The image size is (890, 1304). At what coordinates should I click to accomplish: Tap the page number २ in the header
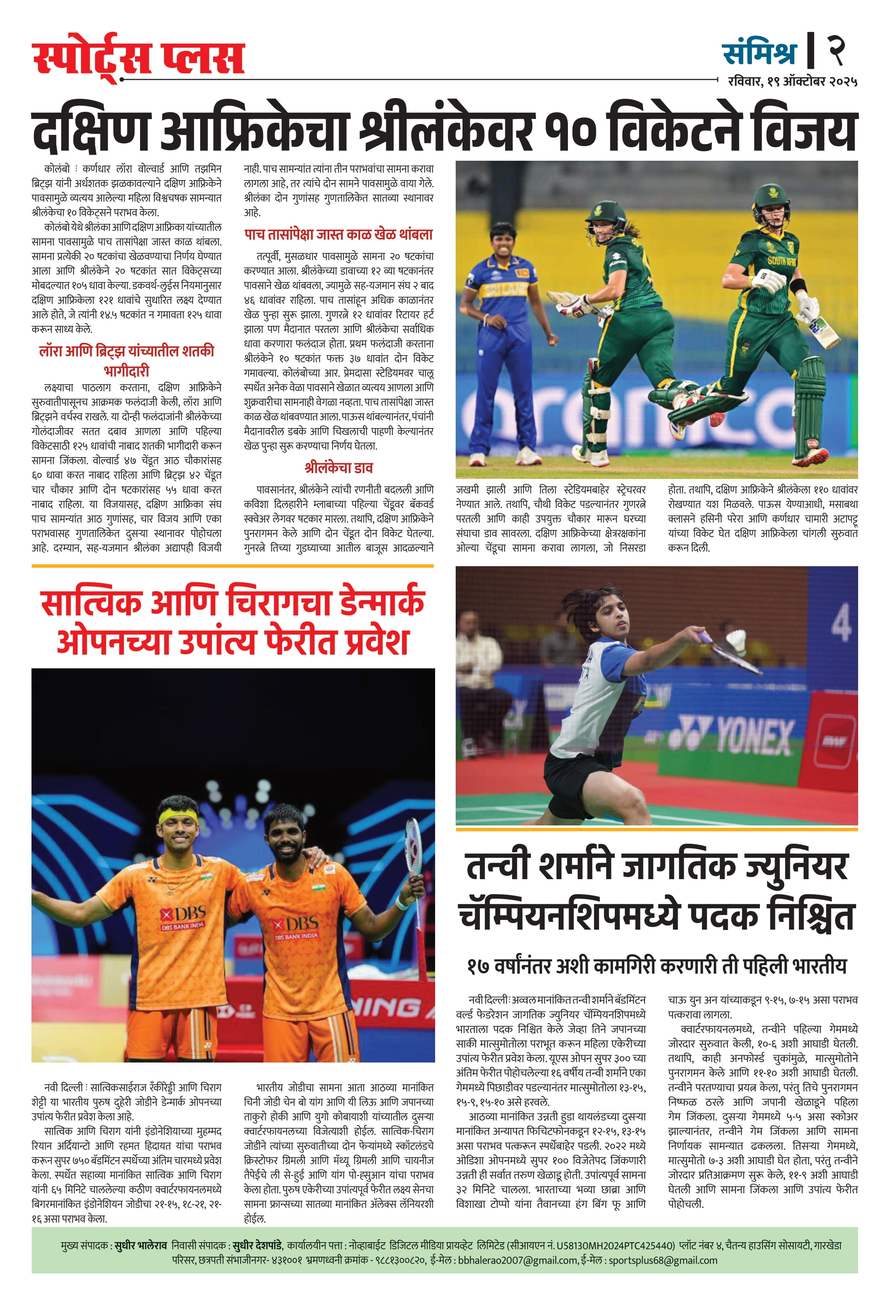(x=836, y=51)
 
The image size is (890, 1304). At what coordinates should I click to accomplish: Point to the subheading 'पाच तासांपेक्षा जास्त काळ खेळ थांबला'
(x=338, y=235)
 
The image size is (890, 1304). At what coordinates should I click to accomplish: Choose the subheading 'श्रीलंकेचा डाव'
(x=338, y=467)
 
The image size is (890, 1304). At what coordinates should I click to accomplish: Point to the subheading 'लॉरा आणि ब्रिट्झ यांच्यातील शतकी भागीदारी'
(x=127, y=361)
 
